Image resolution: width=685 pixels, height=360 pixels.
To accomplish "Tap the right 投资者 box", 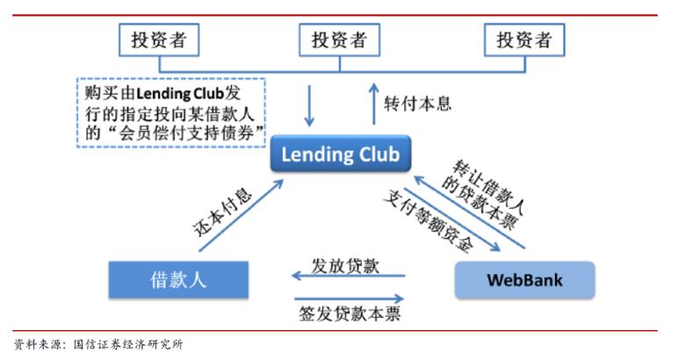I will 524,39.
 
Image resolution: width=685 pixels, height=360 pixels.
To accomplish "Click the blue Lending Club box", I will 339,155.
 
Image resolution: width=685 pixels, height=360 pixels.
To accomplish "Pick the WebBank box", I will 524,280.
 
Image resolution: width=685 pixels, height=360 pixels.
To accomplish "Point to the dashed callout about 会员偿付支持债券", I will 172,112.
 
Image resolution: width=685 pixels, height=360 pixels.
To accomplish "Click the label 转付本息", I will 418,104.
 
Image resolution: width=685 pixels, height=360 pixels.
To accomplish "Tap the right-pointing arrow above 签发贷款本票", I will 349,299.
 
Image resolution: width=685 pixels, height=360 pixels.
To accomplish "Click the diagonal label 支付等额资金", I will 429,220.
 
